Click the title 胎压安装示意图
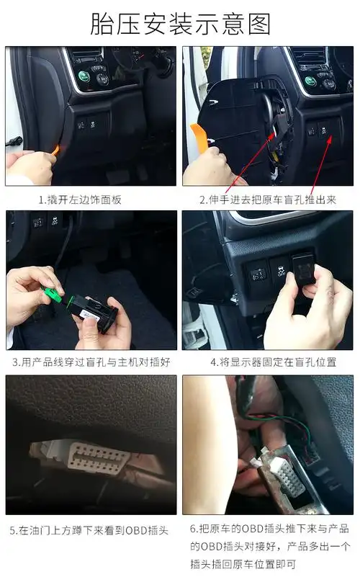pos(180,23)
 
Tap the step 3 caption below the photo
pos(91,362)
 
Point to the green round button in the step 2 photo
pos(310,81)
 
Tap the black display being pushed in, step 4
pos(305,272)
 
